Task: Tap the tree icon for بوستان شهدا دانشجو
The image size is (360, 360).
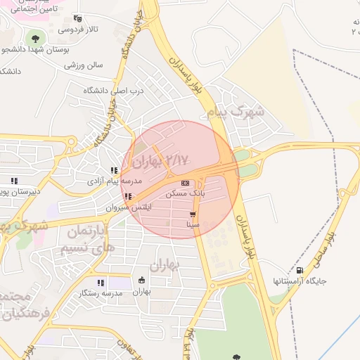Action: [x=33, y=37]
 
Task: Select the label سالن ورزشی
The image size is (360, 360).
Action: [x=84, y=65]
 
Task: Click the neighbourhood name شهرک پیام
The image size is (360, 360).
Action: [x=237, y=111]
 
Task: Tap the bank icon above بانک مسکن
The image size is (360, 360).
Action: [x=185, y=183]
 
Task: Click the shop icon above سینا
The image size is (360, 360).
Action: [x=193, y=214]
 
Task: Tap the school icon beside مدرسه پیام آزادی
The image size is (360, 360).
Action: [x=114, y=170]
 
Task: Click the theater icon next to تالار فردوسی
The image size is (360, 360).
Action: [x=77, y=19]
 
